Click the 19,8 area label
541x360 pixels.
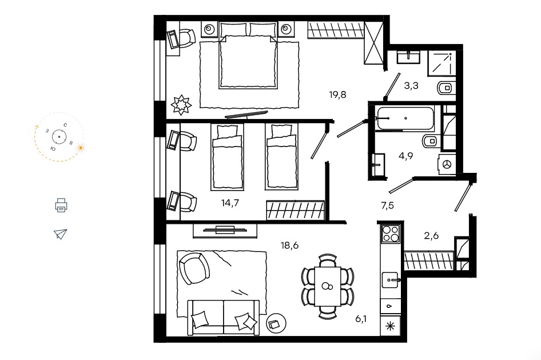click(x=337, y=94)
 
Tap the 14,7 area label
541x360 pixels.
click(x=230, y=203)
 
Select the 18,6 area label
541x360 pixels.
click(x=289, y=246)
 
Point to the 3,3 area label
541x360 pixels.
click(x=411, y=85)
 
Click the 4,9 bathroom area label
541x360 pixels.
click(x=406, y=156)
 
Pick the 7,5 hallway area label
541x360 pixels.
click(x=388, y=205)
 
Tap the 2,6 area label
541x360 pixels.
click(x=431, y=235)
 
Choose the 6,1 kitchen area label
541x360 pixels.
click(x=361, y=319)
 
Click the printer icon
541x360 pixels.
click(x=61, y=205)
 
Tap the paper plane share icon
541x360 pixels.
click(x=61, y=234)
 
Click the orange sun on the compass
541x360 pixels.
click(x=81, y=148)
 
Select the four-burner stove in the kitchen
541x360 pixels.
click(x=391, y=233)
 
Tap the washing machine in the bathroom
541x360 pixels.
click(x=447, y=164)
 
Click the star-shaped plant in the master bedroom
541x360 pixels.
click(x=181, y=105)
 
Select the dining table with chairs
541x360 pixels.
click(x=328, y=286)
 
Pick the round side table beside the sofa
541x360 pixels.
click(x=276, y=323)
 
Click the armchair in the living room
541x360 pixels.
click(x=194, y=268)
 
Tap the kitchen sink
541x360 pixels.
click(x=391, y=280)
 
